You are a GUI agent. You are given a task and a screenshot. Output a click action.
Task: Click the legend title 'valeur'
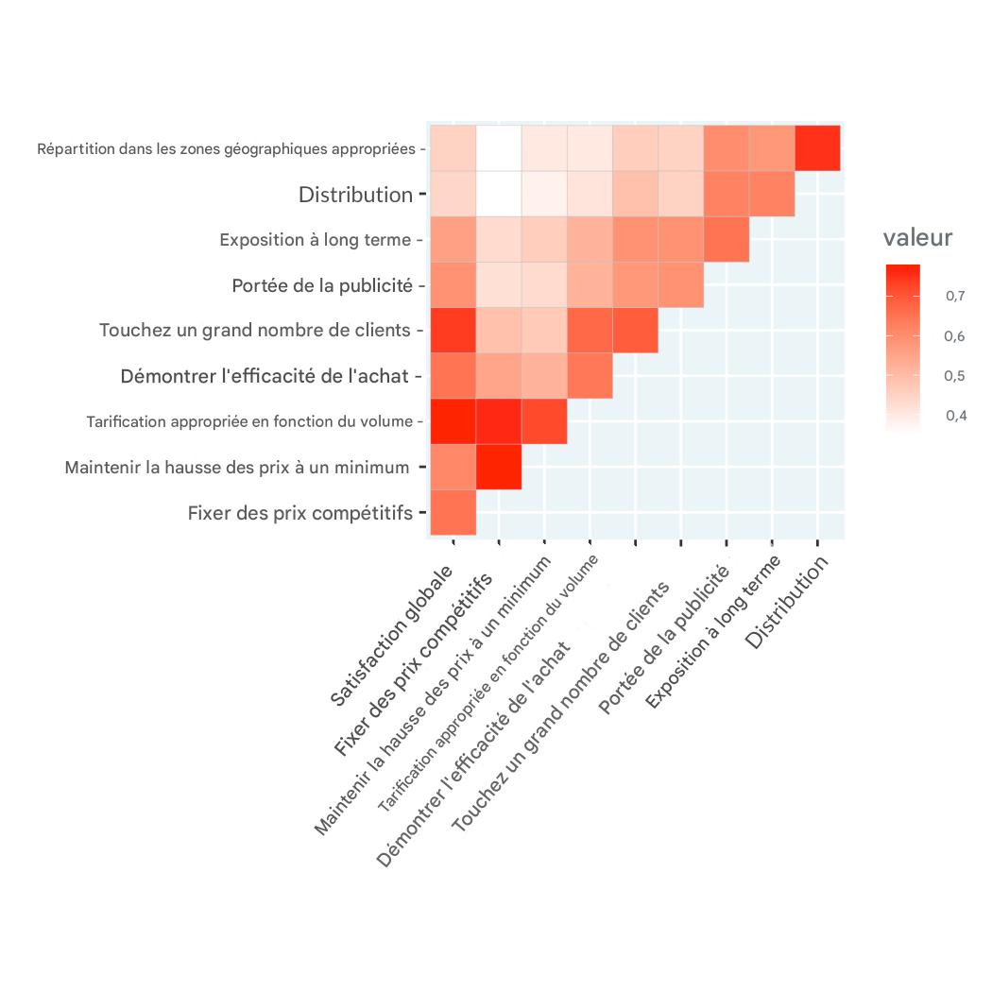coord(917,238)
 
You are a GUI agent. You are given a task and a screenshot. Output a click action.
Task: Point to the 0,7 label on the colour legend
coord(954,297)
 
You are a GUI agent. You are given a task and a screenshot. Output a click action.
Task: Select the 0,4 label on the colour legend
coord(954,416)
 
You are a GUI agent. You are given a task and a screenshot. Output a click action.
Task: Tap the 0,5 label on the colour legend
coord(954,376)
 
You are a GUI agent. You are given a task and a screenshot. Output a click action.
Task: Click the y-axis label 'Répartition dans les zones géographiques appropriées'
coord(227,148)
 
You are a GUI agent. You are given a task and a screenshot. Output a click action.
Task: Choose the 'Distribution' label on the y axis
coord(355,195)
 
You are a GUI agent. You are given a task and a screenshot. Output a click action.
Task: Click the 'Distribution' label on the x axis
coord(788,602)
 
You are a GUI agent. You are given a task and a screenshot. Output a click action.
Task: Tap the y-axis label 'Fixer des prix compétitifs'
coord(300,513)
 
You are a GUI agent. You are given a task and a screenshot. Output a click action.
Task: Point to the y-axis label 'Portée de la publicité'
coord(322,285)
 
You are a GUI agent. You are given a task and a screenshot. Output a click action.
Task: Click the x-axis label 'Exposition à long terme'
coord(713,631)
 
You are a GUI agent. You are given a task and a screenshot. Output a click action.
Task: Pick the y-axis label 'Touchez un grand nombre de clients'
coord(256,331)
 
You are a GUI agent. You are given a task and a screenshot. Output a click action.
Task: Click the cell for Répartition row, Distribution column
coord(818,148)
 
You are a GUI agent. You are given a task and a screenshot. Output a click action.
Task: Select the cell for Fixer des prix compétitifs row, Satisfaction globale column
coord(453,513)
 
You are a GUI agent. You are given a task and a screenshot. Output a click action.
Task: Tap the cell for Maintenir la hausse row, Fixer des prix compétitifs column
coord(499,467)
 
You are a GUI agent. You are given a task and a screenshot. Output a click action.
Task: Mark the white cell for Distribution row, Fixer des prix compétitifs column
coord(499,195)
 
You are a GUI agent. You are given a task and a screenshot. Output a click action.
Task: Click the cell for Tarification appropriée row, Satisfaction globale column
coord(453,421)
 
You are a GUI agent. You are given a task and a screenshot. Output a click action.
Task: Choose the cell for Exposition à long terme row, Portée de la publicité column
coord(727,240)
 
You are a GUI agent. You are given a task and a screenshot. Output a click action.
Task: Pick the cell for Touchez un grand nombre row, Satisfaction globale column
coord(453,331)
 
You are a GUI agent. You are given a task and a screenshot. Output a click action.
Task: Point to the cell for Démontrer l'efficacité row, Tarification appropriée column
coord(590,376)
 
